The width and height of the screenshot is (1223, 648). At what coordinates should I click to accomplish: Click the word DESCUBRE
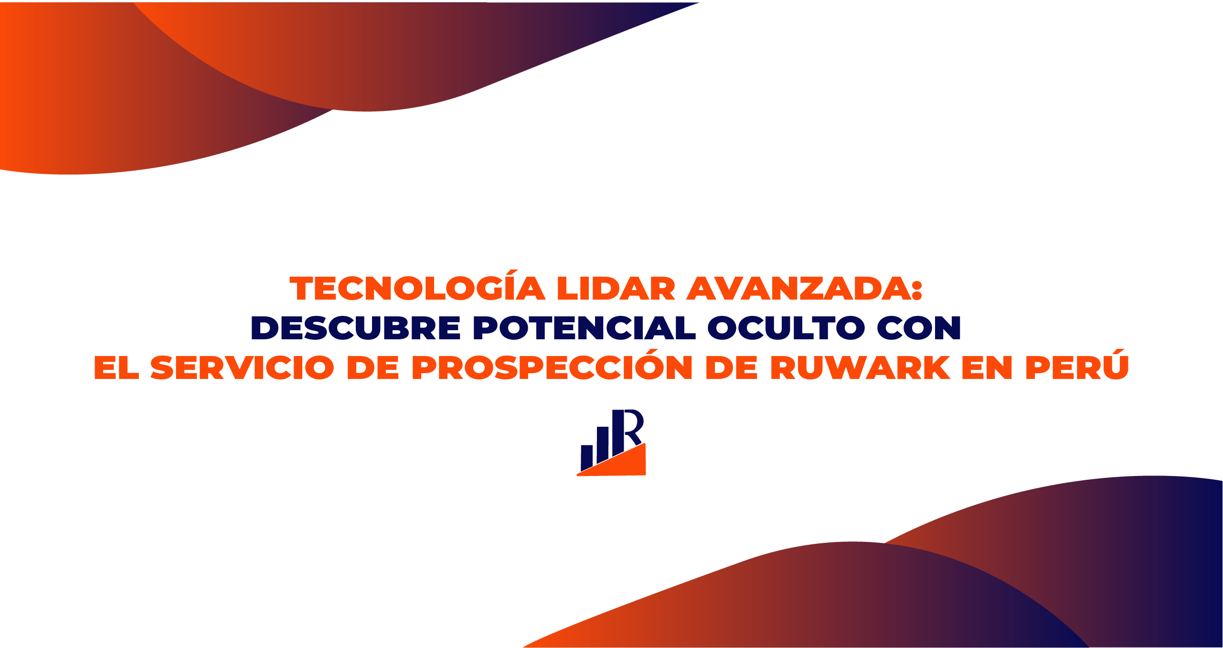pyautogui.click(x=356, y=328)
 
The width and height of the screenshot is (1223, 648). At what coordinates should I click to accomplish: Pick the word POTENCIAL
pyautogui.click(x=584, y=328)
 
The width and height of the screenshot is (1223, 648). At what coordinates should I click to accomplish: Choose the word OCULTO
pyautogui.click(x=786, y=328)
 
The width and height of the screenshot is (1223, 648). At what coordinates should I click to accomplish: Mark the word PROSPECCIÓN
pyautogui.click(x=552, y=365)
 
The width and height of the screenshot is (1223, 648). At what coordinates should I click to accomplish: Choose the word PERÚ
pyautogui.click(x=1077, y=365)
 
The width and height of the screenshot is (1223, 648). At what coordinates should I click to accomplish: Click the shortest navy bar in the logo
pyautogui.click(x=586, y=457)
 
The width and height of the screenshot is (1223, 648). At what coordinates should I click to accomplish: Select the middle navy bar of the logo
pyautogui.click(x=603, y=444)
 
